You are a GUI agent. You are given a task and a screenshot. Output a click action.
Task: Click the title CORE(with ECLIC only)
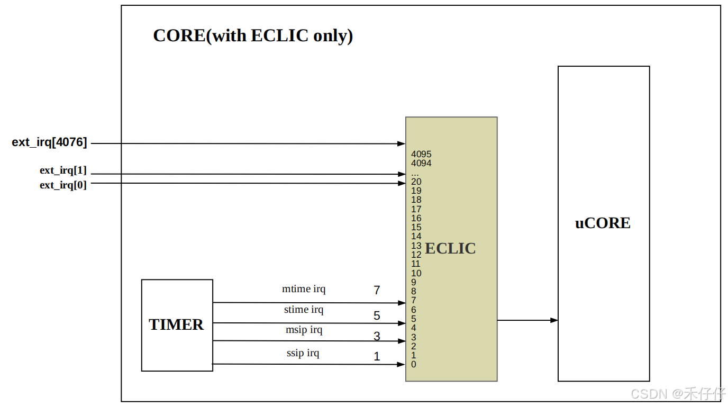(253, 35)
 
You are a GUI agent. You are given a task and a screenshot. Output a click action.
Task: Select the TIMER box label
(176, 324)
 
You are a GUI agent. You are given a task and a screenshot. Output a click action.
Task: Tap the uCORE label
(603, 223)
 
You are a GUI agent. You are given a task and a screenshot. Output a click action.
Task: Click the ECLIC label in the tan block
(450, 248)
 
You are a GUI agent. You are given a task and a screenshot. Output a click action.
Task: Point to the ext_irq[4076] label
(49, 142)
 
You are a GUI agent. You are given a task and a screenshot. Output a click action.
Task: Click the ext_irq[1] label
(63, 170)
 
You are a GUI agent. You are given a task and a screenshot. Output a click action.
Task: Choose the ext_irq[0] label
(63, 185)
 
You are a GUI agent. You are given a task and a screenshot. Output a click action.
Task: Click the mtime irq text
(304, 289)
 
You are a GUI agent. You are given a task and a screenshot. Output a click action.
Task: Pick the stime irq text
(304, 310)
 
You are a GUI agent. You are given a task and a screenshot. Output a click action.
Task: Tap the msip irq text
(304, 330)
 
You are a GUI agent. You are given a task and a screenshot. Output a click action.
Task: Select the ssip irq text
(303, 353)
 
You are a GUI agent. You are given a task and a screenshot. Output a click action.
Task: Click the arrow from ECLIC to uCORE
(527, 320)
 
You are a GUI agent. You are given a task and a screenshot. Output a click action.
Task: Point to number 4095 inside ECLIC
(421, 155)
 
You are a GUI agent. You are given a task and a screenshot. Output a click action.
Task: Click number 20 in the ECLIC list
(416, 182)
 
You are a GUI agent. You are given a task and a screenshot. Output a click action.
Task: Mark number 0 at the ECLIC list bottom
(414, 364)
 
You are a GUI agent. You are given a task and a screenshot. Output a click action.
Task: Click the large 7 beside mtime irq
(377, 290)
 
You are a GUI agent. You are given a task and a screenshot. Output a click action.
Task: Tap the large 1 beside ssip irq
(377, 357)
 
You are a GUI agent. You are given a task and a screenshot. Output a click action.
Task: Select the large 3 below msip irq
(377, 336)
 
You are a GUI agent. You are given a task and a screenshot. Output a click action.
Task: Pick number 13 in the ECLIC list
(416, 246)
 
